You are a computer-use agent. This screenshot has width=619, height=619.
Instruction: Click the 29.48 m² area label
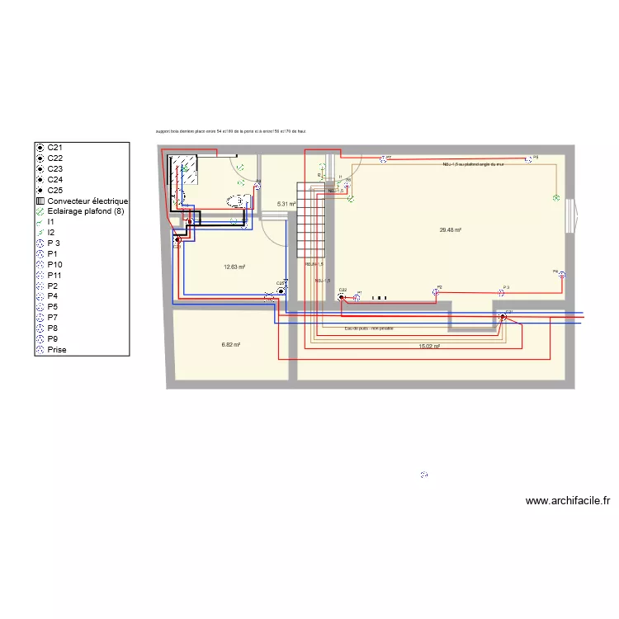tap(450, 231)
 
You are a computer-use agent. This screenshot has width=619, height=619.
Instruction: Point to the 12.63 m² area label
tap(235, 267)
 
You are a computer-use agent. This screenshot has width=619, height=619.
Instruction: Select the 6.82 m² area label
tap(231, 345)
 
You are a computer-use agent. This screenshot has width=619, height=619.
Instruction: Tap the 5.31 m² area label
tap(286, 204)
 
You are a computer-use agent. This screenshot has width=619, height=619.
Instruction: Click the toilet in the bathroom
tap(237, 200)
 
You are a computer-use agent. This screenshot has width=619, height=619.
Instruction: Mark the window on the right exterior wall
tap(570, 217)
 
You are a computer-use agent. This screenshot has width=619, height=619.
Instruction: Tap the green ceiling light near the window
tap(556, 198)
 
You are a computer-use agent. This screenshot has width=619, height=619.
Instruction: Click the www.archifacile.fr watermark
tap(567, 500)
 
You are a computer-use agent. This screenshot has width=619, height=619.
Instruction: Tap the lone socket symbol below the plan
tap(424, 475)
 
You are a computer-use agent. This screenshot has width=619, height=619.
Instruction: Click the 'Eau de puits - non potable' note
tap(369, 328)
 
